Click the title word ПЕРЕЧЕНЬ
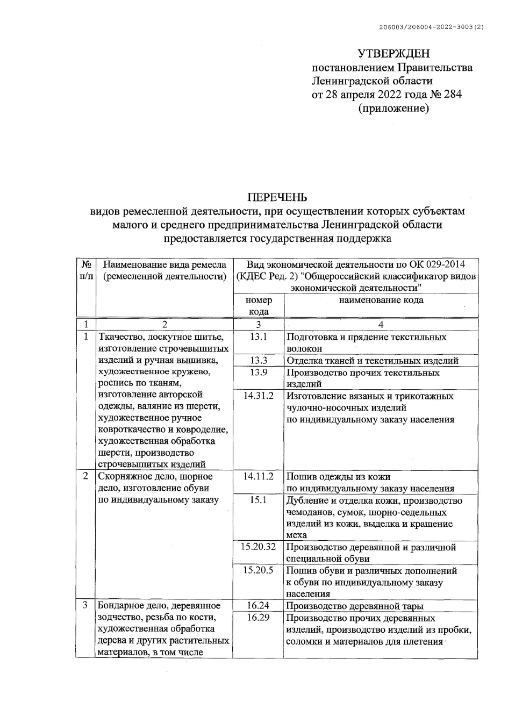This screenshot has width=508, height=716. coord(276,197)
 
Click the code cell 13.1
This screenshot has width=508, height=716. coord(259,338)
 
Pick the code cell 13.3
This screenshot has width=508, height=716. coord(259,361)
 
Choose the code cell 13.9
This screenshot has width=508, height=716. coord(259,373)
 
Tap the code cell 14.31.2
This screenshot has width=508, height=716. coord(259,396)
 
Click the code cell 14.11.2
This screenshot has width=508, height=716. coord(259,477)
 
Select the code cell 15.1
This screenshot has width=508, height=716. coord(259,500)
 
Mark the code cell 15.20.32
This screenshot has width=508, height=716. coord(259,547)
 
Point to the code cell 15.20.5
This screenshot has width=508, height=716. coord(259,571)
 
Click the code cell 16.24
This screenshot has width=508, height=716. coord(259,606)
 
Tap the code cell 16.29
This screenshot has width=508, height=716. coord(259,618)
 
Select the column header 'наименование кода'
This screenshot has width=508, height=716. coord(381,300)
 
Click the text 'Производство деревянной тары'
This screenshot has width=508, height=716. coord(355,606)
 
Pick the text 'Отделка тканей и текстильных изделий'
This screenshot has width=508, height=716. coord(372,361)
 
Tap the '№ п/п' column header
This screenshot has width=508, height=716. coord(85,270)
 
